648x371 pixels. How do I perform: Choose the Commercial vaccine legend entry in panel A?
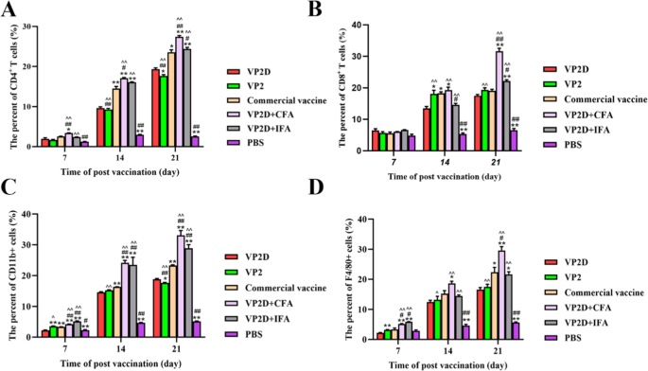[273, 97]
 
